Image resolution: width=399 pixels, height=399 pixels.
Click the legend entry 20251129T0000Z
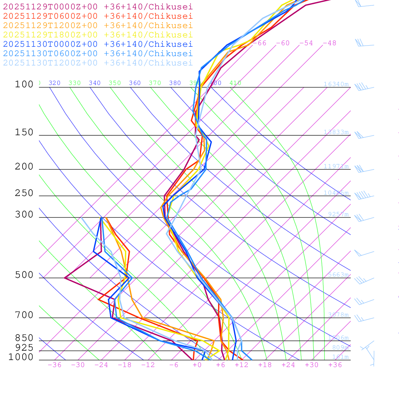point(97,7)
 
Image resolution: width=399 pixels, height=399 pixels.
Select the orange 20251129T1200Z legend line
point(97,25)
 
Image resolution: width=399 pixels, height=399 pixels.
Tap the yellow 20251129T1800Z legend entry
point(97,35)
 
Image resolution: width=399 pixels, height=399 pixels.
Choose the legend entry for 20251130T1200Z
point(97,63)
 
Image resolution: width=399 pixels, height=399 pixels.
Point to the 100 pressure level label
point(24,85)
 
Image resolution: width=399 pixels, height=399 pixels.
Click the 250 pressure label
point(24,193)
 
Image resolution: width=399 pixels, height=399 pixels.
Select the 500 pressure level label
point(24,275)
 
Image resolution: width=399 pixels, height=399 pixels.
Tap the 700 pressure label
point(24,315)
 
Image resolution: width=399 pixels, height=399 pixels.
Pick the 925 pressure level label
point(24,348)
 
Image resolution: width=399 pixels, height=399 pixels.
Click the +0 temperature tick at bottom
point(197,365)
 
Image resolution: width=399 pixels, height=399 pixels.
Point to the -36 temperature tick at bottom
point(55,365)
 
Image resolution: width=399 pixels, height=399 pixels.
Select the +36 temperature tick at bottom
point(335,365)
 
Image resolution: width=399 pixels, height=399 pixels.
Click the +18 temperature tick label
point(265,365)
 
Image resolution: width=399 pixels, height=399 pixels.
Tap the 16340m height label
point(336,84)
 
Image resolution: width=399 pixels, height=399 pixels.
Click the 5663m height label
point(338,275)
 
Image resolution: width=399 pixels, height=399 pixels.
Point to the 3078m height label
point(338,315)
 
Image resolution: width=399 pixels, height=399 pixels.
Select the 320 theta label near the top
point(55,83)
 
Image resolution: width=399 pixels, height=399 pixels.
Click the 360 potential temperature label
point(135,83)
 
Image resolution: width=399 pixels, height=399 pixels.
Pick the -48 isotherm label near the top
point(330,43)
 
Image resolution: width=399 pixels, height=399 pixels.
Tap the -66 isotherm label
point(260,43)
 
